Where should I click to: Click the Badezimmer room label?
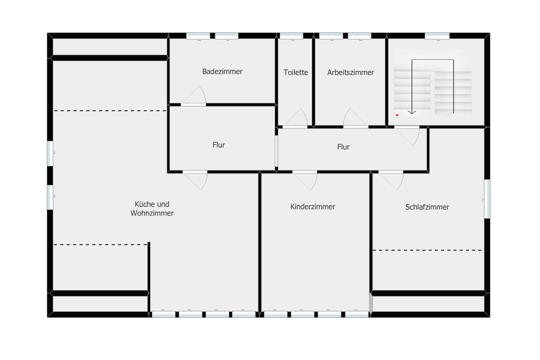pyautogui.click(x=222, y=72)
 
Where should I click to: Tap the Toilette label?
pyautogui.click(x=296, y=72)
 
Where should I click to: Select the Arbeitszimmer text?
pyautogui.click(x=351, y=72)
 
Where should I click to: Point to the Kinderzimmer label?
pyautogui.click(x=313, y=207)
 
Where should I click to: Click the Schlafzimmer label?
pyautogui.click(x=427, y=207)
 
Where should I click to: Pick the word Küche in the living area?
pyautogui.click(x=143, y=204)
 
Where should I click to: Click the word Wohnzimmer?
pyautogui.click(x=152, y=213)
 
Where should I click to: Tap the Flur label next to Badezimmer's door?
pyautogui.click(x=219, y=145)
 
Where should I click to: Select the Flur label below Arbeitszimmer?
pyautogui.click(x=343, y=147)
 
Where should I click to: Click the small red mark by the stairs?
pyautogui.click(x=397, y=115)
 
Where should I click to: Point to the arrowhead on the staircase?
pyautogui.click(x=412, y=112)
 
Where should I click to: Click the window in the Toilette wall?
pyautogui.click(x=291, y=36)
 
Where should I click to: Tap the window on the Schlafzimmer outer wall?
pyautogui.click(x=487, y=199)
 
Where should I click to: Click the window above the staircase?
pyautogui.click(x=437, y=36)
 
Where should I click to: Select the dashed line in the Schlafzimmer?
pyautogui.click(x=427, y=250)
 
